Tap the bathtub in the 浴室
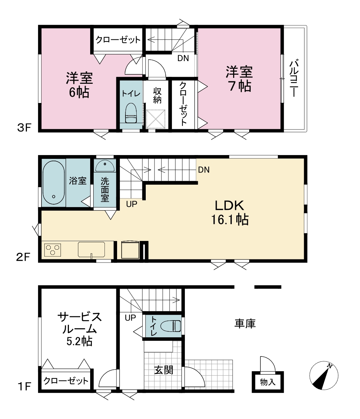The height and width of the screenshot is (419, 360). coord(53,182)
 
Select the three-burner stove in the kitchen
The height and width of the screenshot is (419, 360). coord(52,250)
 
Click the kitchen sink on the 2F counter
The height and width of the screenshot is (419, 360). coord(91,250)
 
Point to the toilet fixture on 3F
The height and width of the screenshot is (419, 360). coord(131,113)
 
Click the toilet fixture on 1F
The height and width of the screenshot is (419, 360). coord(171,326)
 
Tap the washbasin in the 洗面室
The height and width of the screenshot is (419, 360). coord(105,166)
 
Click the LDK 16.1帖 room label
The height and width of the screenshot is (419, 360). coord(230,213)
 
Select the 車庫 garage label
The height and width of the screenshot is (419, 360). coord(245,324)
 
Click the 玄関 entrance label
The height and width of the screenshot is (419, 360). coord(164,370)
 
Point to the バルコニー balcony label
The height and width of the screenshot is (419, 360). coord(294,78)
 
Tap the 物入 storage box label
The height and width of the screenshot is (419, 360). coord(268,382)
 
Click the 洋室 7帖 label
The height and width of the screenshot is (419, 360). coord(239,79)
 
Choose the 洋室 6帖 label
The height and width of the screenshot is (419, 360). coord(79,85)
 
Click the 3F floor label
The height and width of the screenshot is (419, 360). coord(24,128)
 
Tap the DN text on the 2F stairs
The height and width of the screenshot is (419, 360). coord(204,170)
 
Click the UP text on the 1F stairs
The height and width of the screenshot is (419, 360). coord(130,318)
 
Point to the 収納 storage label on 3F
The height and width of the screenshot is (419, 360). coord(157,95)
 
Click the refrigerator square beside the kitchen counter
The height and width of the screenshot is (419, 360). coord(130,250)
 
